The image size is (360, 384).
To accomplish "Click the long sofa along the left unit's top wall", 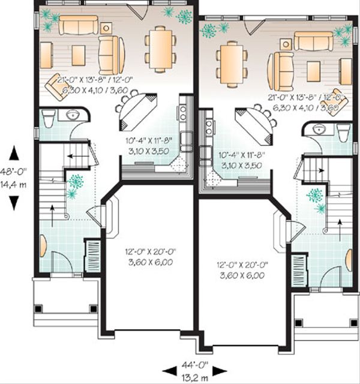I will tap(77, 26).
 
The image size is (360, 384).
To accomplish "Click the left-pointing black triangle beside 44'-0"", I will tap(167, 365).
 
